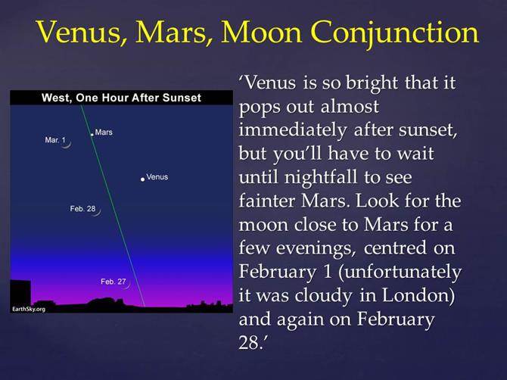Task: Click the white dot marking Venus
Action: click(142, 179)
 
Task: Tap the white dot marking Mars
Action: click(92, 134)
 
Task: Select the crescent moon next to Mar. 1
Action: click(68, 144)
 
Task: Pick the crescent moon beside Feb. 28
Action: click(98, 212)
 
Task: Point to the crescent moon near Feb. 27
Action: click(128, 285)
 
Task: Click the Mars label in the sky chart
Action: click(104, 132)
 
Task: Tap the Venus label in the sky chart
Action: click(157, 177)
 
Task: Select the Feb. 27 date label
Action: click(114, 282)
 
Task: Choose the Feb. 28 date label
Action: click(82, 209)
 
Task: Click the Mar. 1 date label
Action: click(55, 140)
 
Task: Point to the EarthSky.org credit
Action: click(29, 309)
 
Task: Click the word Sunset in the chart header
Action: click(182, 98)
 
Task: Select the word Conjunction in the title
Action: click(394, 33)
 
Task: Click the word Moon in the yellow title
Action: click(261, 33)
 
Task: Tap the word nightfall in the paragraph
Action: click(320, 177)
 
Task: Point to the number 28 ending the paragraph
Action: click(249, 342)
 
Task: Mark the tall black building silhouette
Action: click(20, 293)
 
